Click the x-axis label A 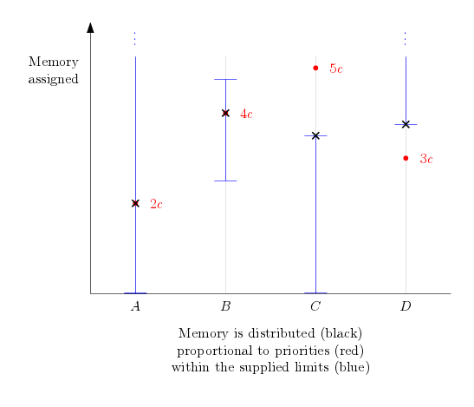click(136, 306)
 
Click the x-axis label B click(226, 306)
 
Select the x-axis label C click(315, 306)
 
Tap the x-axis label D click(406, 306)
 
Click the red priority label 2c click(156, 204)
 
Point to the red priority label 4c click(246, 114)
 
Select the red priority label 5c click(336, 69)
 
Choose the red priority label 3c click(426, 159)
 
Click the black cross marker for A click(135, 203)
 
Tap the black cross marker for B click(225, 114)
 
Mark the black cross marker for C click(315, 135)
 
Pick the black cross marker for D click(406, 124)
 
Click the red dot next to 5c click(315, 68)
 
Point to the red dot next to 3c click(406, 158)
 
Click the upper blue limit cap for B click(225, 79)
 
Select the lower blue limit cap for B click(225, 181)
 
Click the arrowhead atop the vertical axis click(90, 27)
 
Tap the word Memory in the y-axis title click(54, 62)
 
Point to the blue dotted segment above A click(135, 39)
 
